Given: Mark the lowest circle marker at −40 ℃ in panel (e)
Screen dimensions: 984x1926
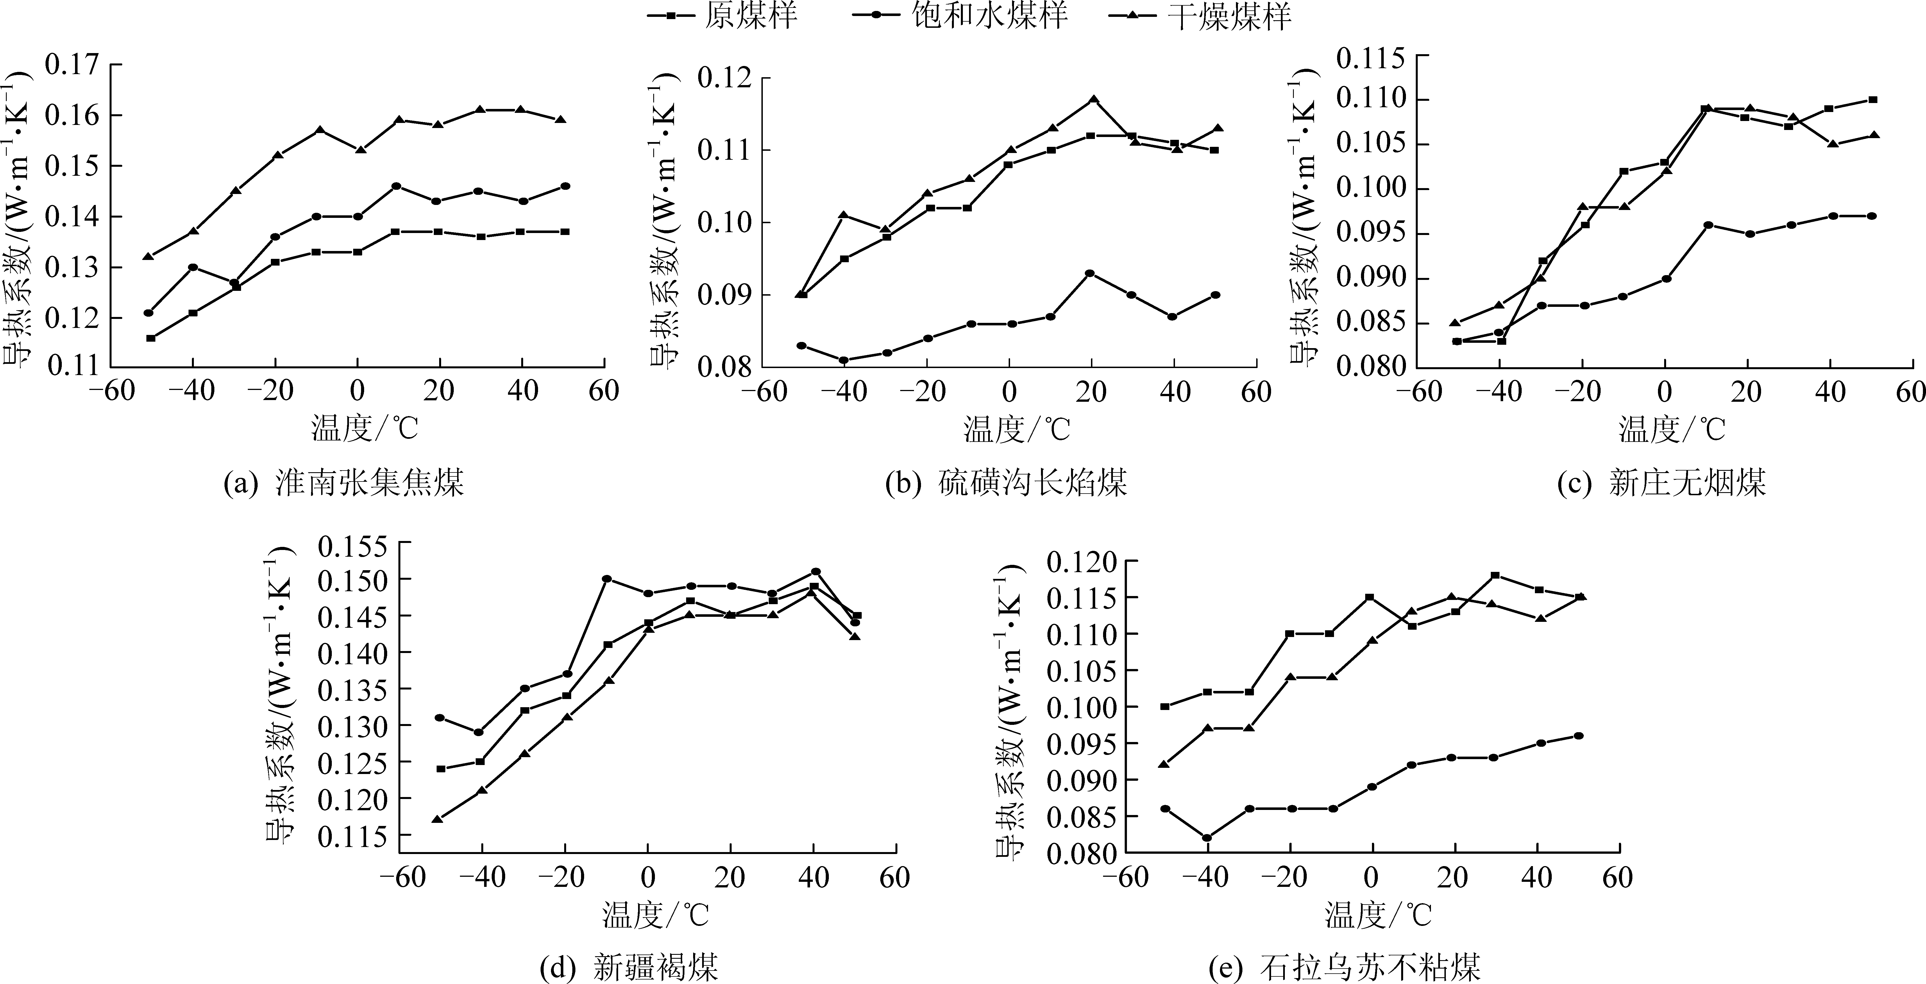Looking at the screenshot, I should click(x=1207, y=837).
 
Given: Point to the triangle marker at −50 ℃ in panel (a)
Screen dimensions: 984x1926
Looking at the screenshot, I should click(x=148, y=256).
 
